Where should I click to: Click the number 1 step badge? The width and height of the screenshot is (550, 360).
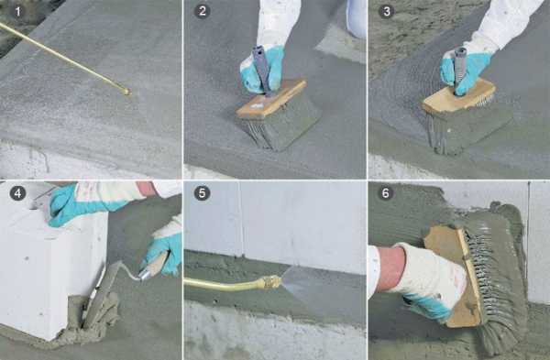click(18, 12)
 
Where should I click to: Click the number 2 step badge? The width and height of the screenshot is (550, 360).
click(202, 11)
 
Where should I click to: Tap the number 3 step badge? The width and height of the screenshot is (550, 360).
click(386, 11)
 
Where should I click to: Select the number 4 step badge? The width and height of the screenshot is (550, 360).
click(18, 193)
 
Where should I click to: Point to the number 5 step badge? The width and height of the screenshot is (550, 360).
click(202, 193)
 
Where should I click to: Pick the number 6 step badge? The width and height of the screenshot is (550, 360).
click(386, 193)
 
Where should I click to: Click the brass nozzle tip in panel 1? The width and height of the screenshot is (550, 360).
click(126, 92)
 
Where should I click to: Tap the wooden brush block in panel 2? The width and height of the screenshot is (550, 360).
click(270, 99)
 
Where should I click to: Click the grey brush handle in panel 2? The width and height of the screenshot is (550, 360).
click(261, 71)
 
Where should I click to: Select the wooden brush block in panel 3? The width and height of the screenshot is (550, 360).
click(459, 95)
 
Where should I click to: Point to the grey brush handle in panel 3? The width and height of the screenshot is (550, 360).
click(459, 71)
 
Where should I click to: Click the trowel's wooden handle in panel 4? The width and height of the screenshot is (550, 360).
click(155, 266)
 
